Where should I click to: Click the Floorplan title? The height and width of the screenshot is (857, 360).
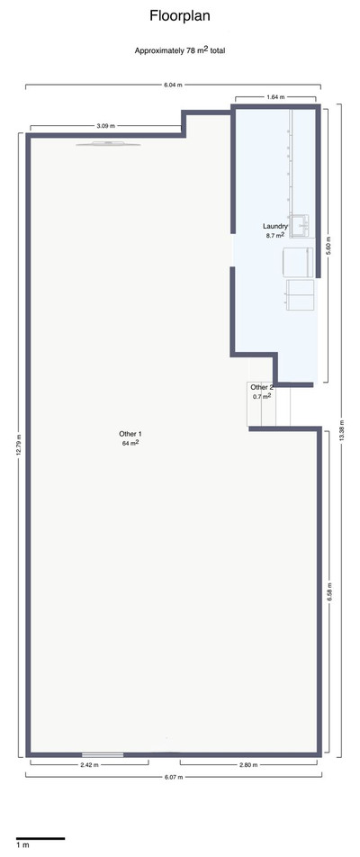point(180,16)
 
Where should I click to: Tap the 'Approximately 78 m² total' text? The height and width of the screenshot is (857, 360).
point(180,50)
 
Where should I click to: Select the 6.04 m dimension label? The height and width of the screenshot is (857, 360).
point(173,85)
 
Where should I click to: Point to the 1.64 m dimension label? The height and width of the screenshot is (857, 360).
point(275,96)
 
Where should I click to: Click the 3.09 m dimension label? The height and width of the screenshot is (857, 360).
point(106,126)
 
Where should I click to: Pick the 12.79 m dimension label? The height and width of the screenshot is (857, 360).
point(19,445)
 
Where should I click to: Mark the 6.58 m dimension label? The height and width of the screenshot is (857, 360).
point(329,592)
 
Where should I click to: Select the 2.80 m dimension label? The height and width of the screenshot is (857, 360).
point(248,764)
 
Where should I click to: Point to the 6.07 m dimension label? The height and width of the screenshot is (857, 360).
point(173,776)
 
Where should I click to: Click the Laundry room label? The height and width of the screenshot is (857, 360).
point(274,226)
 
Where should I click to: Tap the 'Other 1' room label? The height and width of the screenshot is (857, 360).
point(130,434)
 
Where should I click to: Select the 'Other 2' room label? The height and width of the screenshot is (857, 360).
point(262,387)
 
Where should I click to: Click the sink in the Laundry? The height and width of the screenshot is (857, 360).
point(300,226)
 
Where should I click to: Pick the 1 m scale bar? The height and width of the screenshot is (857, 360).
point(40,838)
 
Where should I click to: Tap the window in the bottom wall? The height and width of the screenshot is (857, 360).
point(103,754)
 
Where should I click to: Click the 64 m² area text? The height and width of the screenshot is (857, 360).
point(130,443)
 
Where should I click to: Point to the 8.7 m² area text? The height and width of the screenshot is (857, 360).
point(274,236)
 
